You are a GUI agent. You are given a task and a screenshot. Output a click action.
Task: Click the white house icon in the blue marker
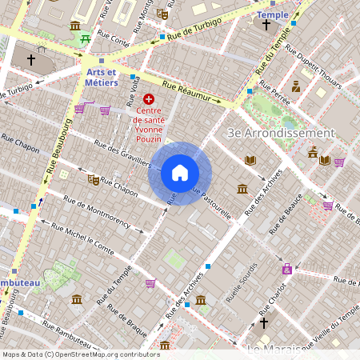click(180, 173)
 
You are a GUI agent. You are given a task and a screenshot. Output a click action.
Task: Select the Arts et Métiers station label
click(102, 77)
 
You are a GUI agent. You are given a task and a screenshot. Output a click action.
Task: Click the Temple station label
click(273, 14)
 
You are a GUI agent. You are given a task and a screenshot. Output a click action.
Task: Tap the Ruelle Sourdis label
click(242, 284)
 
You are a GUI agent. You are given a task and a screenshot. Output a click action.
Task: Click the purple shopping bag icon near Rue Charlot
click(287, 269)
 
